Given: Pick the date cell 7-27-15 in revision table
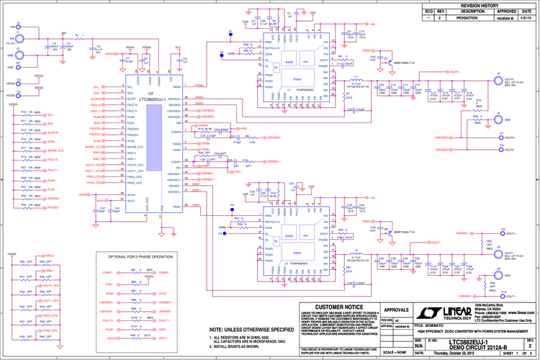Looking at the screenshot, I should (528, 17).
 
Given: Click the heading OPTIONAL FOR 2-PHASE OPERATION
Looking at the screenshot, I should (140, 256).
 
